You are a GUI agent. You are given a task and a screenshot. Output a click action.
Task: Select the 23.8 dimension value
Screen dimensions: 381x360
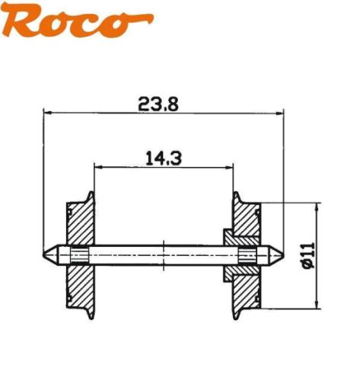point(158,105)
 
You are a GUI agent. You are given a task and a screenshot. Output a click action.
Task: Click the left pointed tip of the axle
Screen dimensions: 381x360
point(45,255)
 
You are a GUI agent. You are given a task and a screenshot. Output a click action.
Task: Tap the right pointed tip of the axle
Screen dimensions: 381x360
point(282,255)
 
